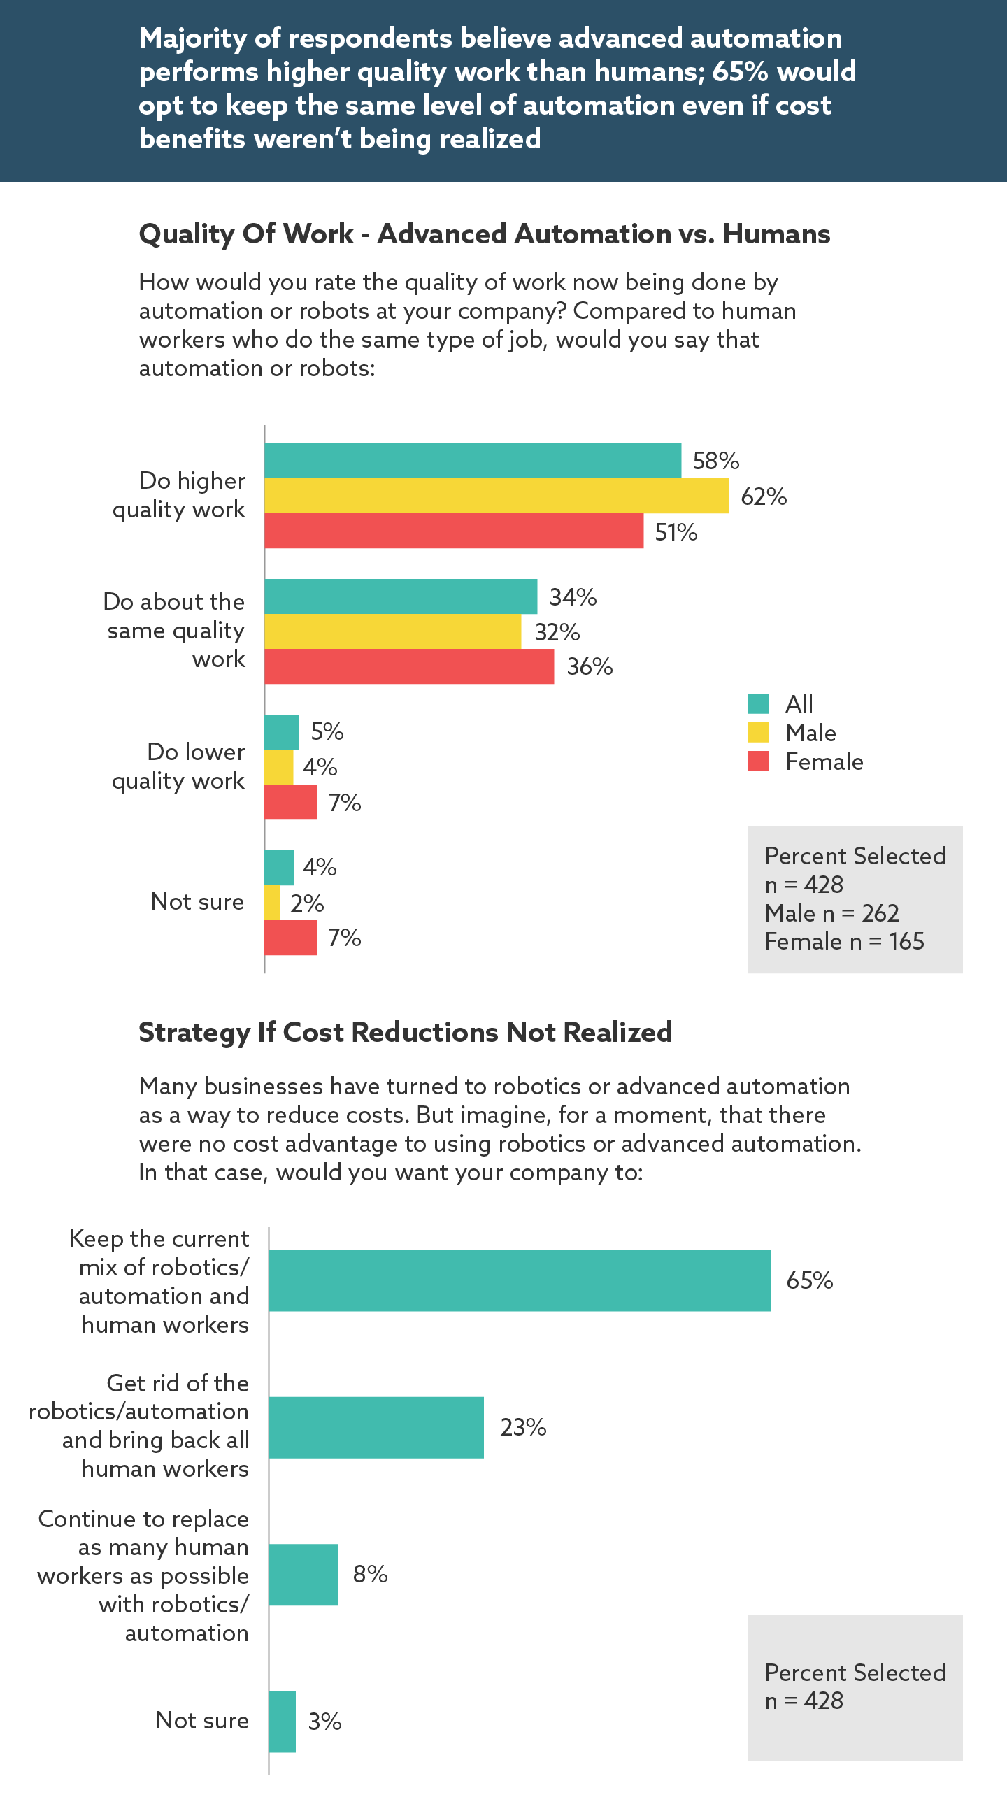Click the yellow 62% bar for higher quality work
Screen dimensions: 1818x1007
click(x=496, y=496)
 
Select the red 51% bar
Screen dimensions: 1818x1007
click(x=454, y=531)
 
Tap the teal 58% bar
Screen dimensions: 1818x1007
click(x=473, y=461)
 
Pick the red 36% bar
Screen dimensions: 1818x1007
click(x=409, y=666)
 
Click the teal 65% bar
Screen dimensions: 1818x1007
click(x=520, y=1280)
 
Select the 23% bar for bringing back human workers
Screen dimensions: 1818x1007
click(x=376, y=1427)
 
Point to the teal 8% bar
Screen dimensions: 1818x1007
click(x=303, y=1575)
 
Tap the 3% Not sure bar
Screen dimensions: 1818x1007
click(x=283, y=1722)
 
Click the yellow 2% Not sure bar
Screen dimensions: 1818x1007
click(x=273, y=903)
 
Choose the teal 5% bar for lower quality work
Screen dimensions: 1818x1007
click(x=282, y=732)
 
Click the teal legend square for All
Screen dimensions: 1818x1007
click(x=758, y=703)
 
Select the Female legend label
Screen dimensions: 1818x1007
click(x=824, y=762)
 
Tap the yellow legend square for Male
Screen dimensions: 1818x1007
click(x=758, y=733)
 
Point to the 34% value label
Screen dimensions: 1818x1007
click(x=573, y=597)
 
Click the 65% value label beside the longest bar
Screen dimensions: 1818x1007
click(x=809, y=1280)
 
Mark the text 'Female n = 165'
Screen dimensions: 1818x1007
click(x=844, y=941)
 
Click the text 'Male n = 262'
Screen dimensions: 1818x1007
click(x=831, y=913)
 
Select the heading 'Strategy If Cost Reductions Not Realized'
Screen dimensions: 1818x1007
click(x=405, y=1033)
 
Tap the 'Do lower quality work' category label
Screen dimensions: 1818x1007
click(x=178, y=766)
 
